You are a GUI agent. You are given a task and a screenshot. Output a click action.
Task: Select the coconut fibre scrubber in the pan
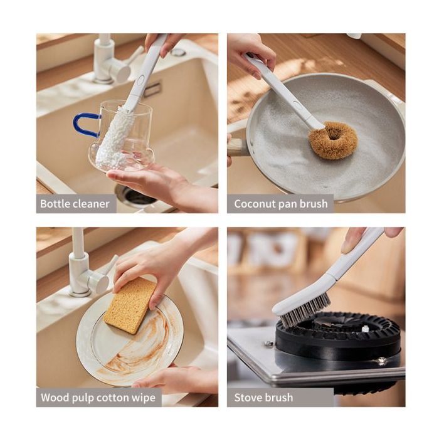pyautogui.click(x=333, y=140)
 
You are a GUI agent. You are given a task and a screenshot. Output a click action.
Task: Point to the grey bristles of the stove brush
pyautogui.click(x=306, y=312)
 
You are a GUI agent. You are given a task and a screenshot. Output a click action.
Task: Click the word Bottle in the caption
pyautogui.click(x=55, y=204)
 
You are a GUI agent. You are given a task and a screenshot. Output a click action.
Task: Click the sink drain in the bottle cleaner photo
pyautogui.click(x=136, y=196)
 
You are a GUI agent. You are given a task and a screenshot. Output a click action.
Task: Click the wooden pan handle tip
pyautogui.click(x=236, y=146)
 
